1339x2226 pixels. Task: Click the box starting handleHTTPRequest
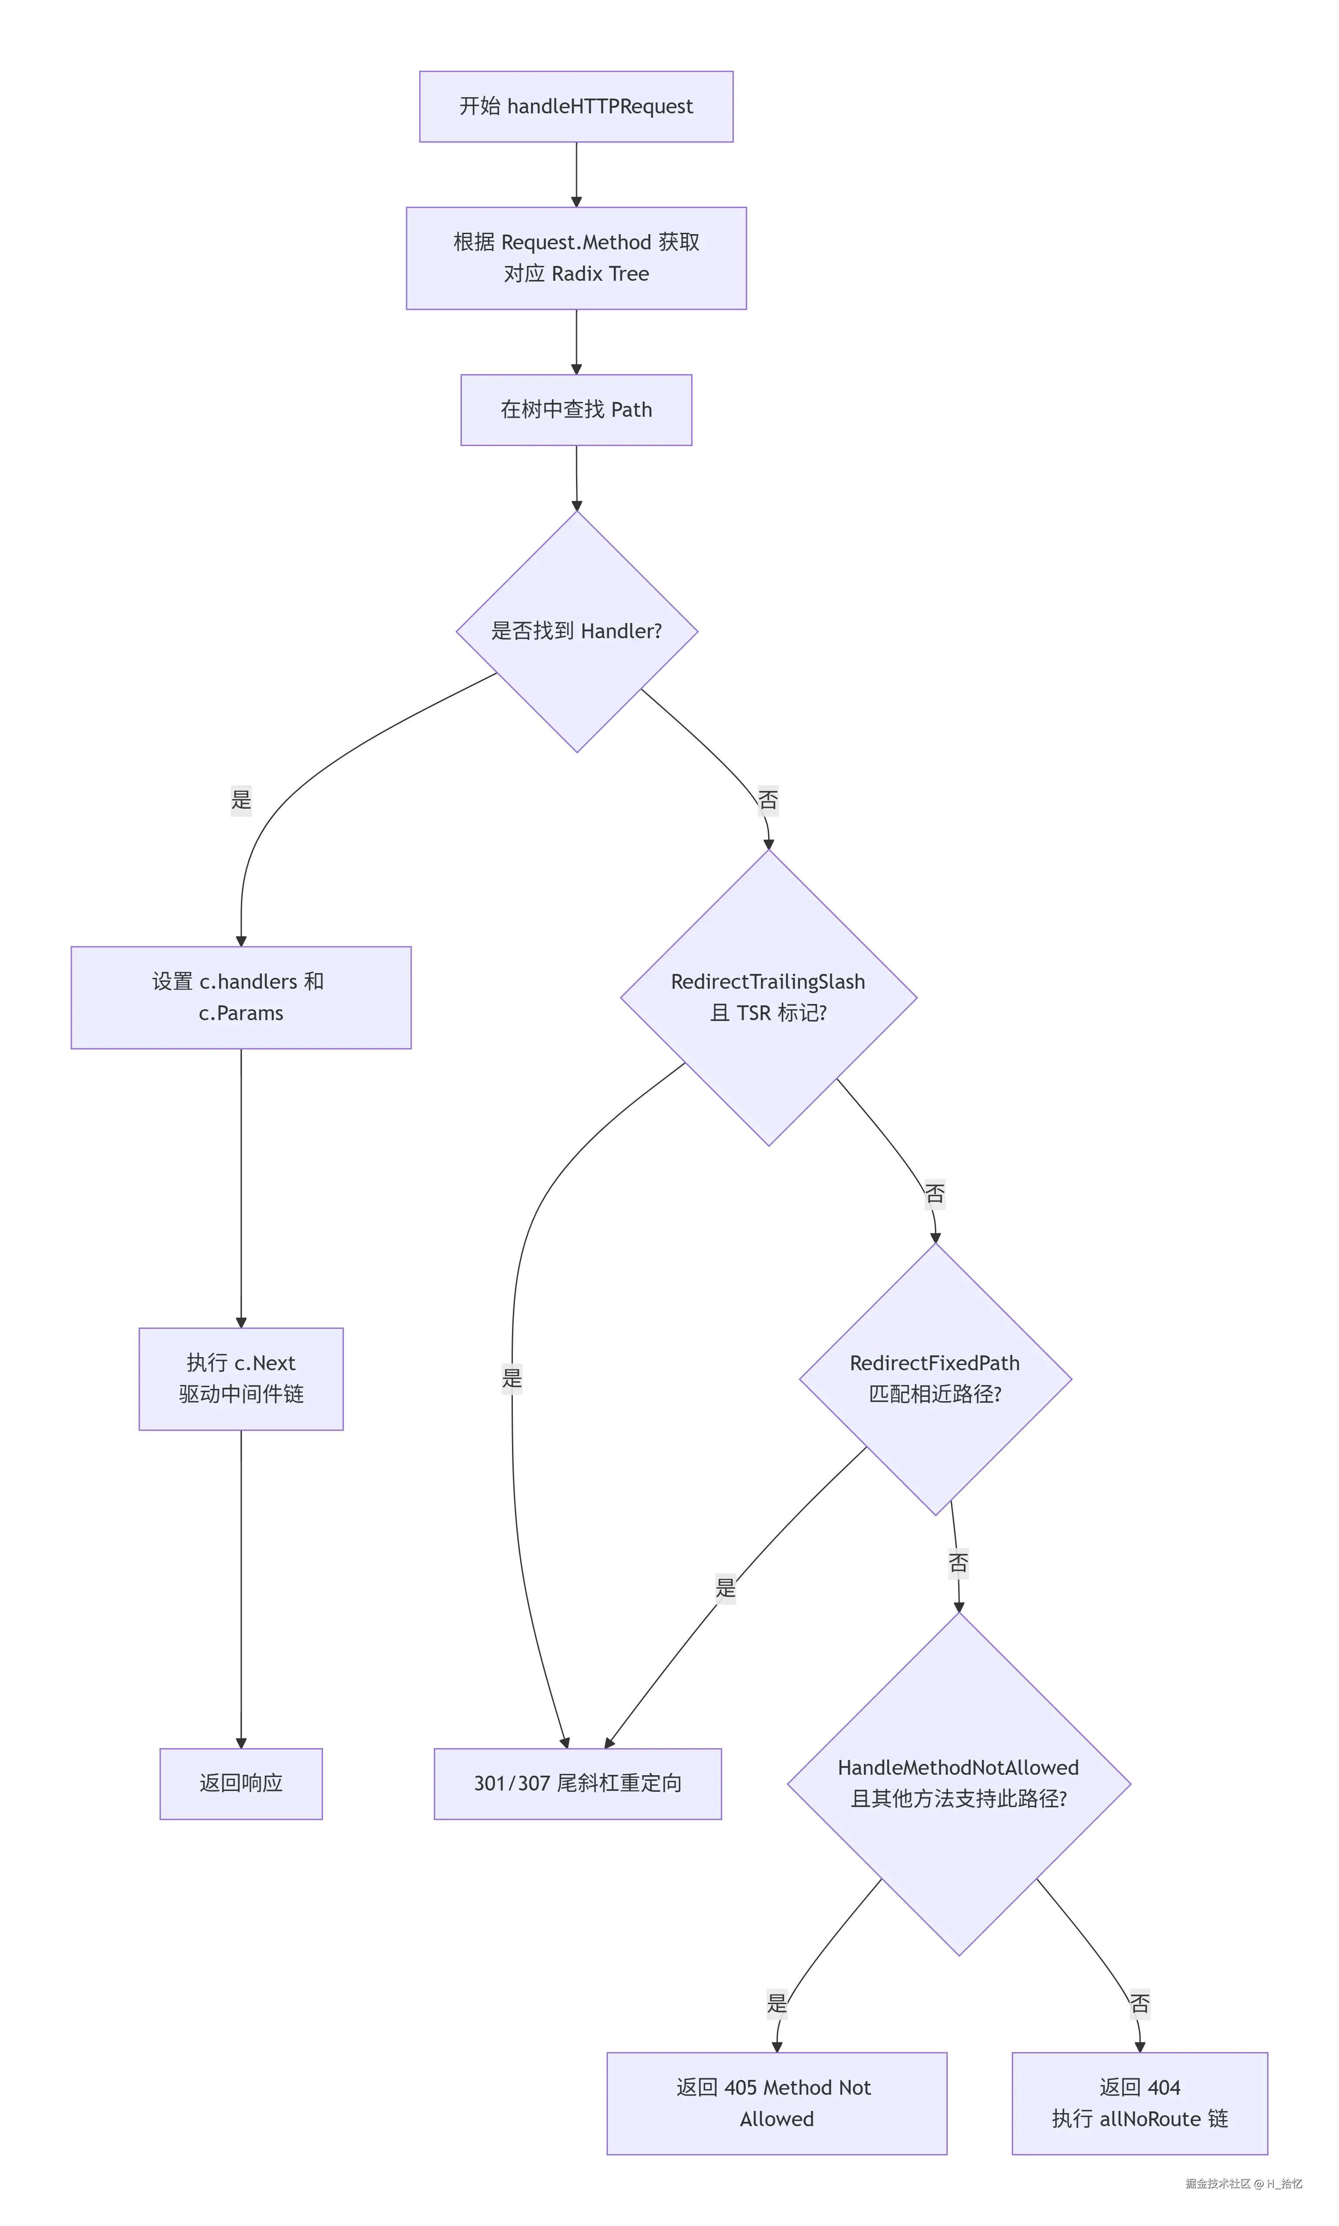coord(576,106)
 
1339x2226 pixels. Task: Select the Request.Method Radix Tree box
coord(576,258)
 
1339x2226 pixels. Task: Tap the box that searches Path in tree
coord(576,410)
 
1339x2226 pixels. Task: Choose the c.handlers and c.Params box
coord(241,997)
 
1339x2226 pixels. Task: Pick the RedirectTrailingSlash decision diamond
coord(769,997)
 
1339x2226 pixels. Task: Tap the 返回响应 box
coord(241,1783)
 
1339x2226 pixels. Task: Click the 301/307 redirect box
coord(577,1783)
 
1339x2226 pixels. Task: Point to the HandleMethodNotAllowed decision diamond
coord(959,1783)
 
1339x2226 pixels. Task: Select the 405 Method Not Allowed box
coord(777,2103)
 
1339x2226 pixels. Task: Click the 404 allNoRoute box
coord(1139,2103)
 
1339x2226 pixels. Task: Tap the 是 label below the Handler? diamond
coord(241,800)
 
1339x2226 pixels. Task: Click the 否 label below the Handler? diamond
coord(768,800)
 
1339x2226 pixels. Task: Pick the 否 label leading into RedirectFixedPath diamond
coord(935,1194)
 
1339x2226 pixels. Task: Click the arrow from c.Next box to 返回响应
coord(241,1589)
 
